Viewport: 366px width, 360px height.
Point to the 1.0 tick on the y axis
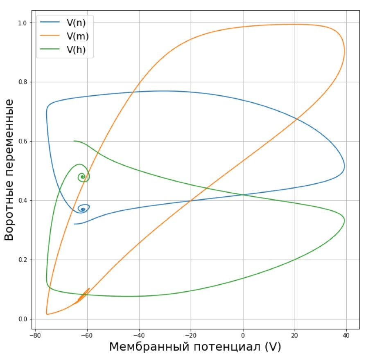point(23,23)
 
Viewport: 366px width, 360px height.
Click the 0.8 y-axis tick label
point(23,82)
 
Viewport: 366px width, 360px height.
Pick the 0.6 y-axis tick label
point(23,142)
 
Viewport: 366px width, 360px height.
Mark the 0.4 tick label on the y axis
point(23,200)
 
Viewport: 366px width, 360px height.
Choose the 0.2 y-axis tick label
point(23,260)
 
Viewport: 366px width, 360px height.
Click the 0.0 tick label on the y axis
point(23,319)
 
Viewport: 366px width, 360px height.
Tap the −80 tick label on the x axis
point(35,335)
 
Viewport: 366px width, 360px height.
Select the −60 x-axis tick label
point(87,335)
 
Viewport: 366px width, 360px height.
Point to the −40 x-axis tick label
point(139,335)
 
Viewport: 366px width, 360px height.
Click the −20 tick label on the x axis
point(191,335)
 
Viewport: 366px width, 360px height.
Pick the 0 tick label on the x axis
point(243,335)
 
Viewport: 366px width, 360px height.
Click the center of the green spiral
point(83,177)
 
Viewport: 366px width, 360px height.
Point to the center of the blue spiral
point(83,209)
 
